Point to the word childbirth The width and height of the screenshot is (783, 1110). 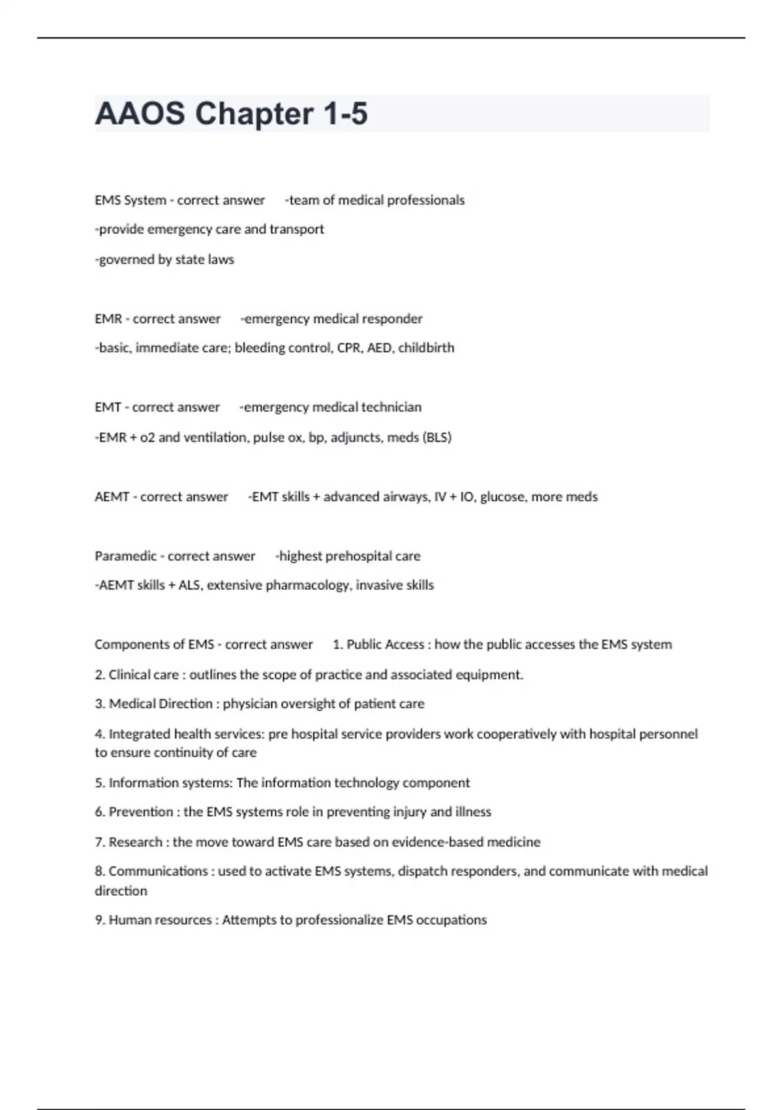pyautogui.click(x=426, y=348)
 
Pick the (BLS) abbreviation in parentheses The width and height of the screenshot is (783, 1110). pyautogui.click(x=437, y=437)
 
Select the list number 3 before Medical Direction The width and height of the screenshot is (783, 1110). pyautogui.click(x=99, y=704)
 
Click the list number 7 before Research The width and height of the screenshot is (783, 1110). pyautogui.click(x=99, y=842)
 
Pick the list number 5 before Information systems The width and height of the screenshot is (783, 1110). pyautogui.click(x=99, y=783)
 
